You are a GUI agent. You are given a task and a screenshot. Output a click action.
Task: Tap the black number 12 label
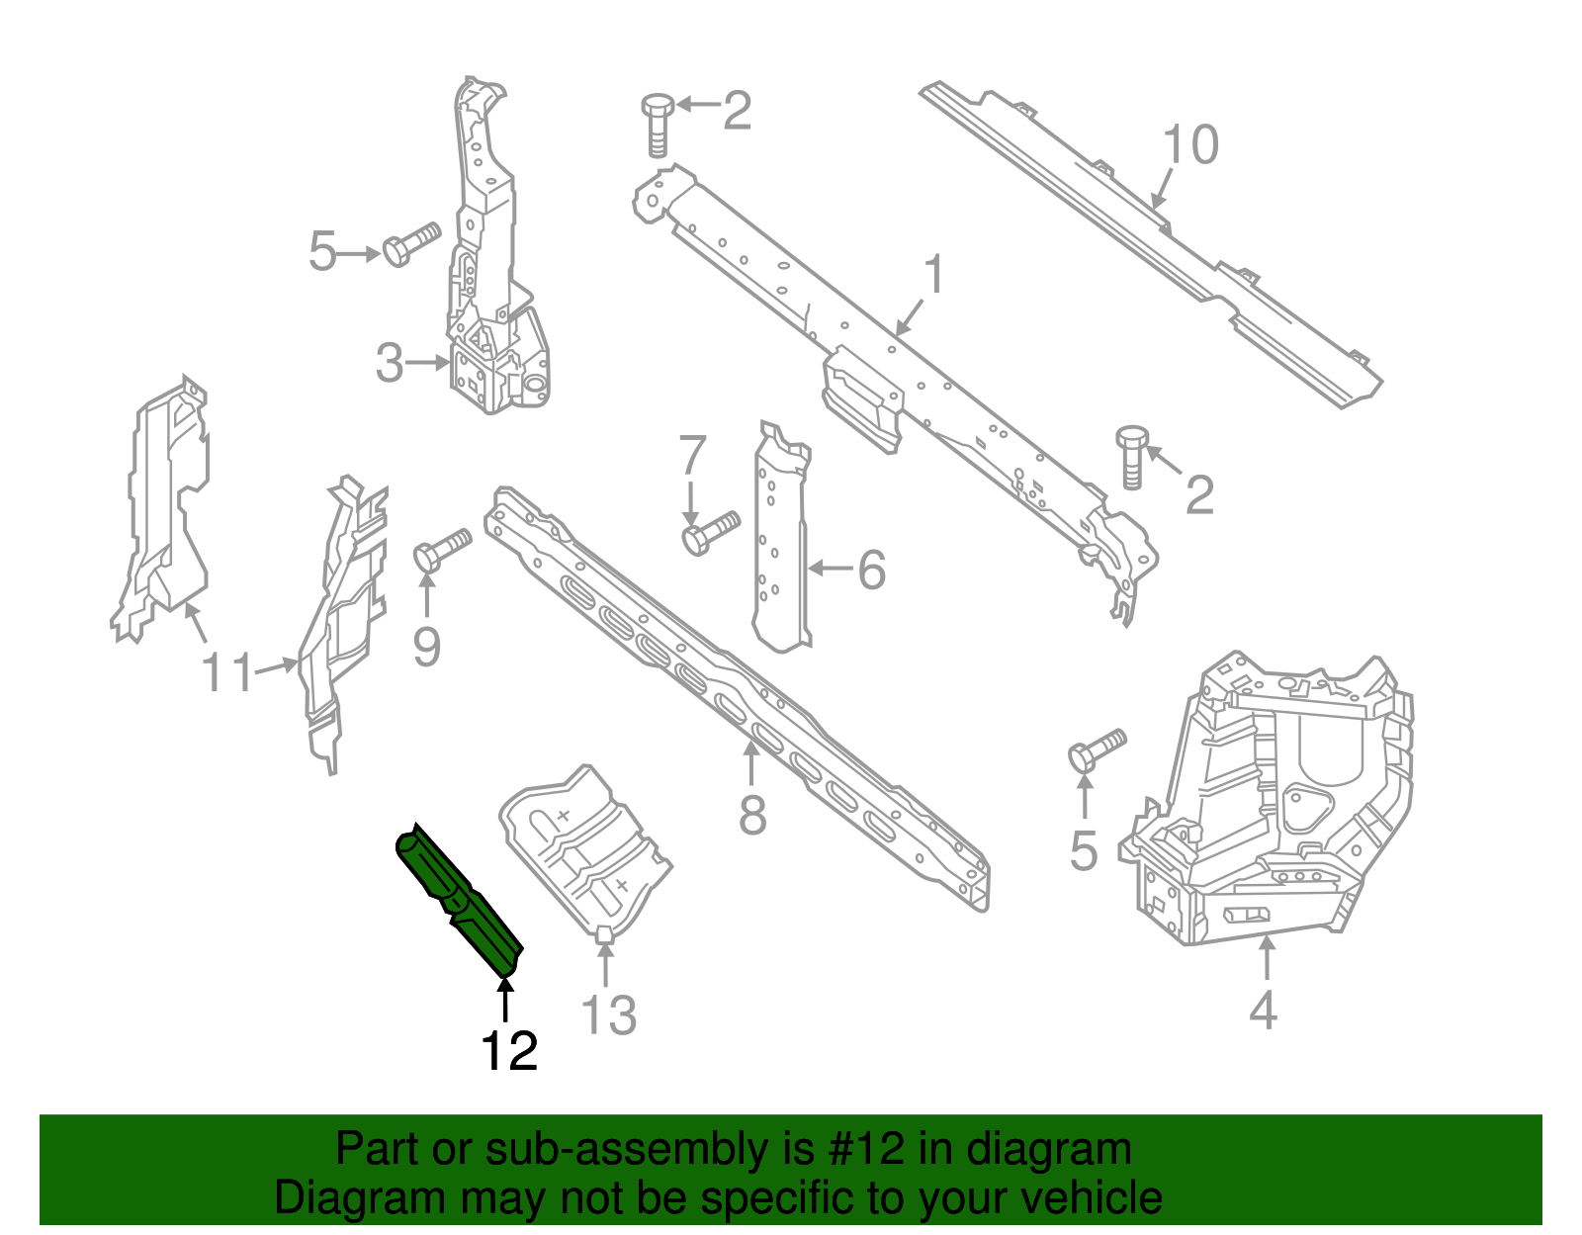[509, 1051]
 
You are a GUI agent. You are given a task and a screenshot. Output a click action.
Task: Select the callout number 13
[608, 1015]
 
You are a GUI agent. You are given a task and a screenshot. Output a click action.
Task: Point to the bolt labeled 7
[710, 532]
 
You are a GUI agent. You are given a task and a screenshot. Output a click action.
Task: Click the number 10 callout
[1190, 145]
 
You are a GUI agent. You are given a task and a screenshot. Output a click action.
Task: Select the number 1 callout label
[933, 276]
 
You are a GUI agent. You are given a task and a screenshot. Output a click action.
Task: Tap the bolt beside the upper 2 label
[658, 123]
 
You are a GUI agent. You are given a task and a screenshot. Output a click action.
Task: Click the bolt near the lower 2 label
[1132, 455]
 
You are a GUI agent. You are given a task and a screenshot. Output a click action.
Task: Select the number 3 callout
[390, 364]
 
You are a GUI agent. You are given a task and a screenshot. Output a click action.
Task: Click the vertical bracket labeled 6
[782, 554]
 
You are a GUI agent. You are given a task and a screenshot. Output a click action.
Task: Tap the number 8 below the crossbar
[752, 817]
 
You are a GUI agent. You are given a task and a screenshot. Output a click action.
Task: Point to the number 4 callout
[1263, 1011]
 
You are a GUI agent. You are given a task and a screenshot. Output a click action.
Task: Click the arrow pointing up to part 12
[505, 999]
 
